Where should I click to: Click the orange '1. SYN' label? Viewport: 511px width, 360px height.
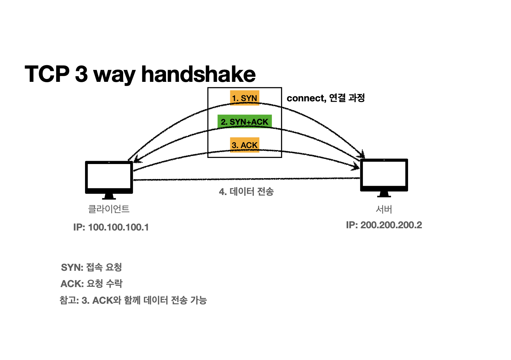(x=245, y=98)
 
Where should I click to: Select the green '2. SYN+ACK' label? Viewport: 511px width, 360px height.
(x=245, y=121)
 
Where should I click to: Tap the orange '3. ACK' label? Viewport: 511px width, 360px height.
(x=245, y=145)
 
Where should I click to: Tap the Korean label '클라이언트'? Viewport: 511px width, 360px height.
(x=109, y=209)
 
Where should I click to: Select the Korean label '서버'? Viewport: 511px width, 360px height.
(x=384, y=209)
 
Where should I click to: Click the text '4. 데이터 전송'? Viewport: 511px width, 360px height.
(x=246, y=192)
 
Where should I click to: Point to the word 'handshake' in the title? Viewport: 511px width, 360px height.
(x=198, y=74)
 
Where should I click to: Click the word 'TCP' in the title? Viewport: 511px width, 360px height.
(x=47, y=74)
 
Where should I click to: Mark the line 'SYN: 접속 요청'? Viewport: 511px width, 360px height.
(x=91, y=267)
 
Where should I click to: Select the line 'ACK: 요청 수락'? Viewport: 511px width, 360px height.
(x=91, y=284)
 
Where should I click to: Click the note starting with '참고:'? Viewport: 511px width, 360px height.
(x=133, y=300)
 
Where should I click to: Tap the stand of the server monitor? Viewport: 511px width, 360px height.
(x=384, y=194)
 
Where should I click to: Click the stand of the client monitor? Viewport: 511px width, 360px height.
(x=109, y=196)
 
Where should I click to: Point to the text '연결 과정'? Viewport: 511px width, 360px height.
(x=347, y=98)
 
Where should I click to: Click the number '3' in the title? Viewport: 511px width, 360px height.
(x=81, y=74)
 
